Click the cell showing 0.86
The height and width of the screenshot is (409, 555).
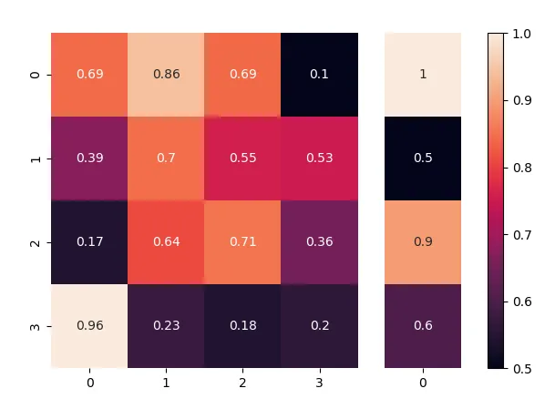pyautogui.click(x=166, y=75)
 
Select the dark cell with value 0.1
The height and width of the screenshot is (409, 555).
pyautogui.click(x=319, y=75)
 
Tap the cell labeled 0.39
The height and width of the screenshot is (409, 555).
pyautogui.click(x=89, y=158)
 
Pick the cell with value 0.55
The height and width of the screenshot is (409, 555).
pyautogui.click(x=242, y=158)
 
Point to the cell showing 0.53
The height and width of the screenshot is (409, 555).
pyautogui.click(x=319, y=158)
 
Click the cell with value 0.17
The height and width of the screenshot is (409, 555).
pyautogui.click(x=89, y=242)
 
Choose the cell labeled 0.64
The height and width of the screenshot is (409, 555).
pyautogui.click(x=166, y=242)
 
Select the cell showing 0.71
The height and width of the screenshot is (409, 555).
pyautogui.click(x=242, y=242)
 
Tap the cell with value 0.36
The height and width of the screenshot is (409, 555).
pyautogui.click(x=319, y=242)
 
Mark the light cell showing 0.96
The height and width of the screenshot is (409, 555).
pyautogui.click(x=89, y=326)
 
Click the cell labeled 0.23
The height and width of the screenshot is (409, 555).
pyautogui.click(x=166, y=326)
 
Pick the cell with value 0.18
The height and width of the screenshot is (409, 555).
pyautogui.click(x=242, y=326)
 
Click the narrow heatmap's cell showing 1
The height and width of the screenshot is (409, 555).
pyautogui.click(x=423, y=75)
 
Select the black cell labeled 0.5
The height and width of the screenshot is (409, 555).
pyautogui.click(x=423, y=158)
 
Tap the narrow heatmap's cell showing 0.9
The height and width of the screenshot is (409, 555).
pyautogui.click(x=423, y=242)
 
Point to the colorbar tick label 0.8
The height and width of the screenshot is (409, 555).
pyautogui.click(x=521, y=168)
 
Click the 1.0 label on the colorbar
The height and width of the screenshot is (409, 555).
pyautogui.click(x=521, y=34)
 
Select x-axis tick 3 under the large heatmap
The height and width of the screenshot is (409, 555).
pyautogui.click(x=319, y=384)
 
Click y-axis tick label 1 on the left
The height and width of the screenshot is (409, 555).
pyautogui.click(x=36, y=158)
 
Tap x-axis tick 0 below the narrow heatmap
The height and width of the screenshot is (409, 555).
pyautogui.click(x=423, y=384)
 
